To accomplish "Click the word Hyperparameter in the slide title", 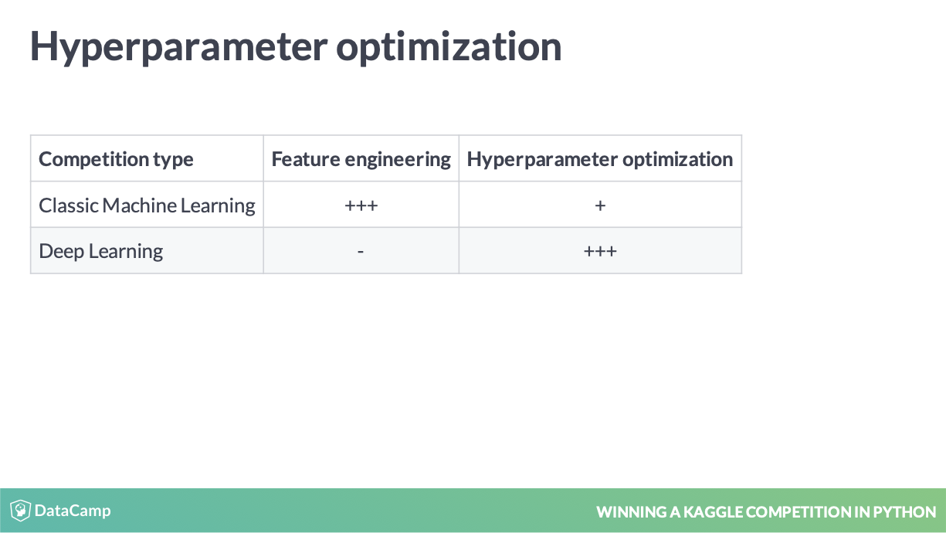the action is [178, 47].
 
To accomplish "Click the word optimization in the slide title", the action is [449, 47].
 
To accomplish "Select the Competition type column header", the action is [116, 160].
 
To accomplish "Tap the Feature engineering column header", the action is [361, 160].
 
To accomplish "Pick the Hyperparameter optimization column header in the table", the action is [600, 160].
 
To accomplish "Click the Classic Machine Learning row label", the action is [147, 205].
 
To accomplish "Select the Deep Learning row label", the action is [101, 251].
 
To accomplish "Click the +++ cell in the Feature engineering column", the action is [361, 205].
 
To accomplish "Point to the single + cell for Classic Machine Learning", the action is [600, 205].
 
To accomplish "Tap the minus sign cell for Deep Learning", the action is [361, 252].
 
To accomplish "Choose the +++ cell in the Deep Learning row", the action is [600, 251].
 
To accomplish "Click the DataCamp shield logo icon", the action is [20, 511].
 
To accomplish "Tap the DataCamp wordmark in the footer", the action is [73, 511].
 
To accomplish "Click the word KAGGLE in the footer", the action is [713, 512].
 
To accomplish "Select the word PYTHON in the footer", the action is [904, 512].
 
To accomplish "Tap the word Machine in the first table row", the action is [139, 205].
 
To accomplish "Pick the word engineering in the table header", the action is [398, 161].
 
